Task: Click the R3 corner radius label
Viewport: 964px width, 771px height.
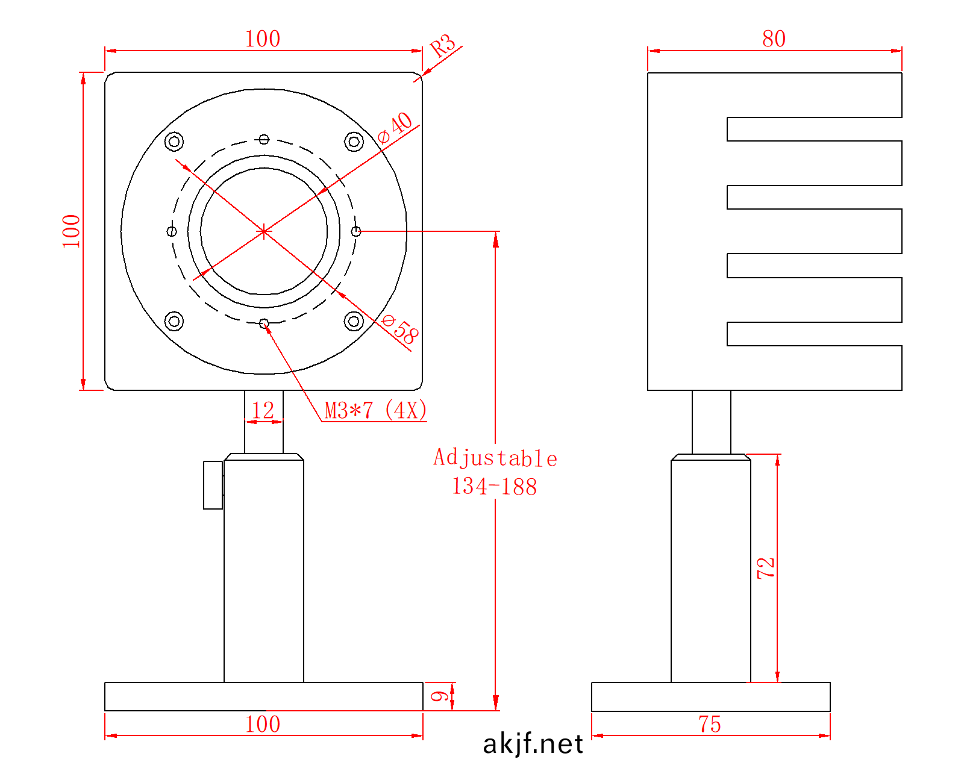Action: [x=443, y=45]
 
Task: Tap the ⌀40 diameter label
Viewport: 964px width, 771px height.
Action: [x=396, y=128]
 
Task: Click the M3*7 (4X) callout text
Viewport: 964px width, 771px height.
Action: [x=375, y=410]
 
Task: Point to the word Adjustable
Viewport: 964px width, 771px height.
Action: [x=495, y=458]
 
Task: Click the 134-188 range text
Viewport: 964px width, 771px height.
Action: [x=495, y=487]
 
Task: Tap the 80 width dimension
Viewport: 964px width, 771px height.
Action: [x=774, y=39]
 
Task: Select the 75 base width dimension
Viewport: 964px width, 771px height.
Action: [x=710, y=724]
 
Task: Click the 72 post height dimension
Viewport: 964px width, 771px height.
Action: [x=766, y=567]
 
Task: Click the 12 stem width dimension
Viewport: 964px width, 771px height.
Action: [x=263, y=411]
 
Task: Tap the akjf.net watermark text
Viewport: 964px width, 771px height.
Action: [x=533, y=744]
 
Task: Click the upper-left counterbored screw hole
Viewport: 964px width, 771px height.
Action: [x=174, y=142]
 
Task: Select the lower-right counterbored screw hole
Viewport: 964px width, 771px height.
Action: [x=354, y=321]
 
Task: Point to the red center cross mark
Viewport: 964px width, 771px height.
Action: [x=264, y=231]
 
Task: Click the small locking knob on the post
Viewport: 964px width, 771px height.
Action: [x=213, y=485]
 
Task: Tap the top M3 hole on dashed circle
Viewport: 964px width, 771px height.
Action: [x=264, y=139]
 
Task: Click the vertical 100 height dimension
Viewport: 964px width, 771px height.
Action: [x=72, y=231]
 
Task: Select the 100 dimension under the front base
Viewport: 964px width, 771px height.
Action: [x=263, y=724]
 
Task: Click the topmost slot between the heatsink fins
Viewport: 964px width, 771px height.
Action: [x=813, y=129]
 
